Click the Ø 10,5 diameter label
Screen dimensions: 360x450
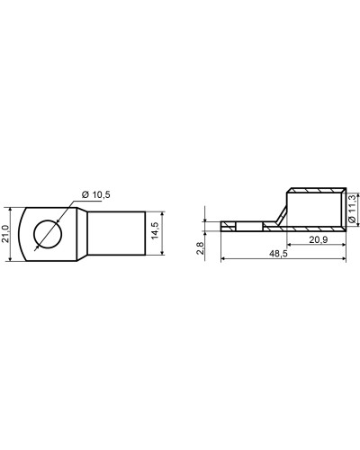click(96, 194)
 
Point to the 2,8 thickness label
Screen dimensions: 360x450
click(200, 248)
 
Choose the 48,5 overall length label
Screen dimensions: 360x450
click(278, 254)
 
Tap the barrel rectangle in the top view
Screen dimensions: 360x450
click(116, 233)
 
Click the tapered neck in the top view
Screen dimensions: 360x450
click(82, 234)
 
